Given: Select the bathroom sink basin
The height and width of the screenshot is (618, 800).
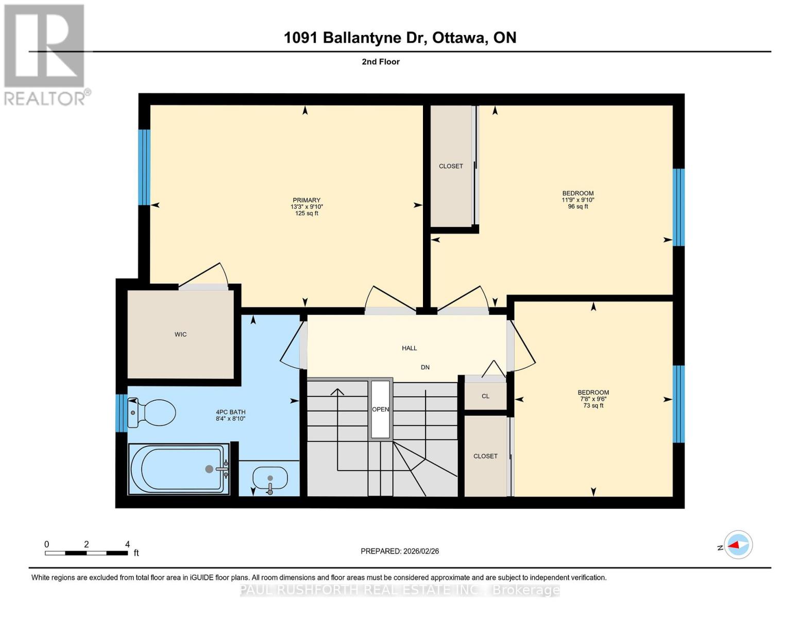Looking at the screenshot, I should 270,478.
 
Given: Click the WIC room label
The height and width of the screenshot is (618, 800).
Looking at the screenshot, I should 180,335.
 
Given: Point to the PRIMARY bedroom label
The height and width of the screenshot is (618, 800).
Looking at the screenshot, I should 307,200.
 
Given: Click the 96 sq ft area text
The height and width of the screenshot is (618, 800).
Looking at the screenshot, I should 578,207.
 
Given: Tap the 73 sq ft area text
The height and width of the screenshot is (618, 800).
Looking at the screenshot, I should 593,406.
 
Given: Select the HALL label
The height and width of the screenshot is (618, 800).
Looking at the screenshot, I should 410,348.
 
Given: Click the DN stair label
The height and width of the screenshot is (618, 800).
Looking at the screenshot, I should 425,367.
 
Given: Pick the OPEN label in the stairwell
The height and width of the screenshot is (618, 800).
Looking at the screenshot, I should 381,409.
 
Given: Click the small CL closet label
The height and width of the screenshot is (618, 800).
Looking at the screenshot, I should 485,396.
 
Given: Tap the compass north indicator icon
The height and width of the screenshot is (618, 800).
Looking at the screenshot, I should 738,544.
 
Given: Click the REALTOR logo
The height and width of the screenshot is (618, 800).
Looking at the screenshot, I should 45,54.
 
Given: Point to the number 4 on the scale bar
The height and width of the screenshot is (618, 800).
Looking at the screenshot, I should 127,544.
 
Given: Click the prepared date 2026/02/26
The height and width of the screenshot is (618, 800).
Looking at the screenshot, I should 421,551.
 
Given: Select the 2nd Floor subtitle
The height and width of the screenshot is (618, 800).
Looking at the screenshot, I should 381,62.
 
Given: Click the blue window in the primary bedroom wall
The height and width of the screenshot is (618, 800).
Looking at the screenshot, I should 144,167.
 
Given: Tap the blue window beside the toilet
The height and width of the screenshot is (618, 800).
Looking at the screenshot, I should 121,413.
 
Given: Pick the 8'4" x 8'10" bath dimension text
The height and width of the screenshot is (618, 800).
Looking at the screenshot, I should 231,419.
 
